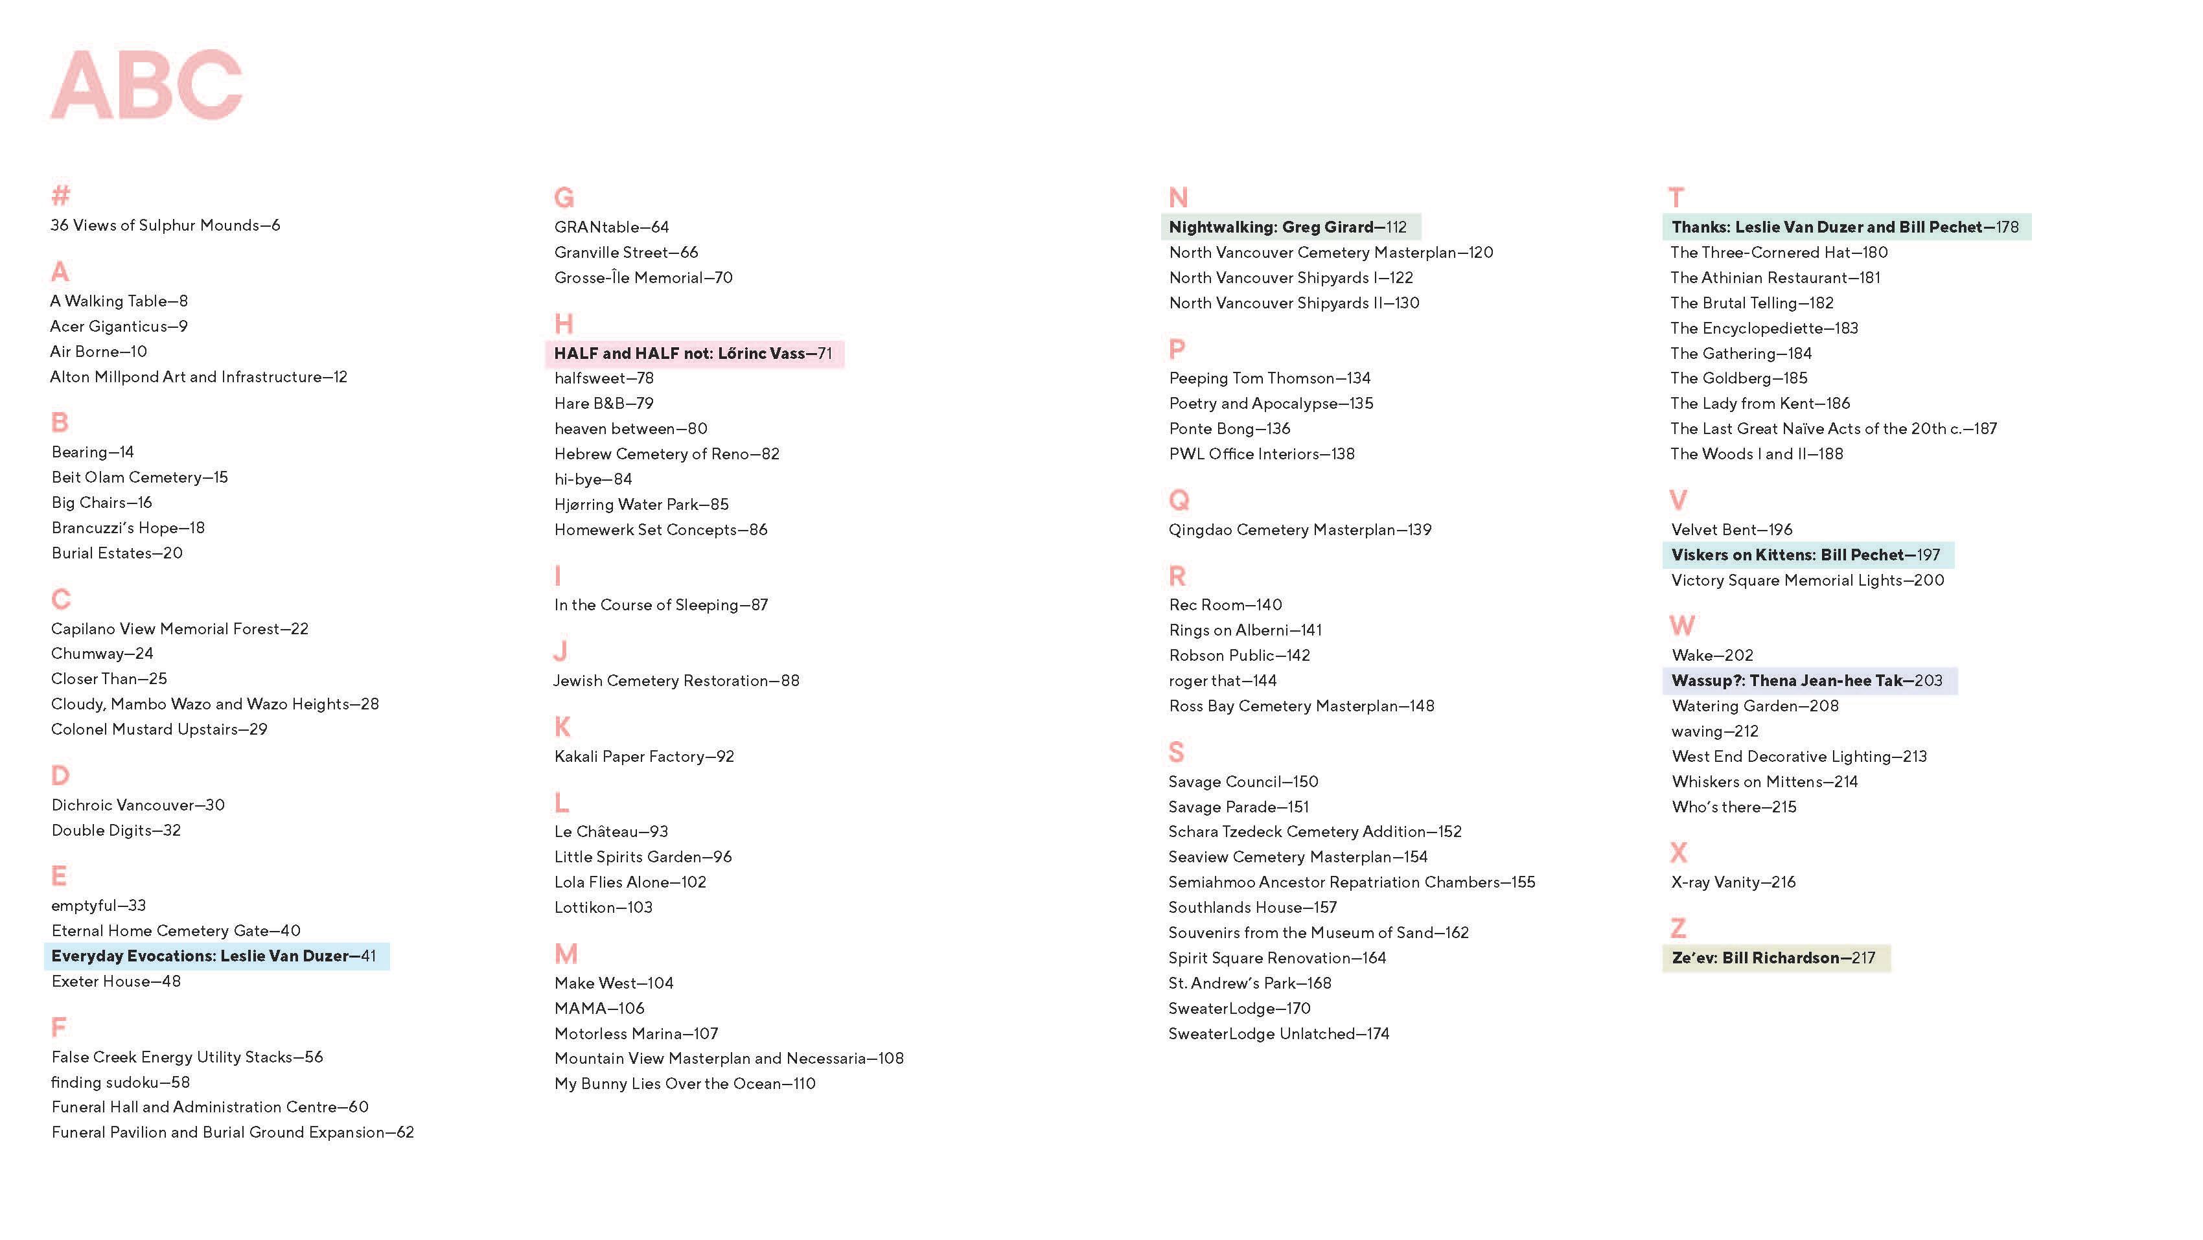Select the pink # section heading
[60, 196]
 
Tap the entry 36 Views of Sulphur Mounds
[165, 225]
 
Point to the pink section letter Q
[1179, 499]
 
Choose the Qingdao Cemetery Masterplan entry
[1299, 529]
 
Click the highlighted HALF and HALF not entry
[693, 353]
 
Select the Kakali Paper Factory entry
[644, 756]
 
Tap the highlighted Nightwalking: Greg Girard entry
[1287, 227]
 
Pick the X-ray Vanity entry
[1733, 882]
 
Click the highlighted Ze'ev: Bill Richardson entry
[1773, 958]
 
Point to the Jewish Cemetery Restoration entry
[676, 681]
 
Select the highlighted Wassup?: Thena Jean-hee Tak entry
[1806, 681]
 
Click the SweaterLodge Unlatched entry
[1278, 1033]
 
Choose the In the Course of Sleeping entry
[660, 604]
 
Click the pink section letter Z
[1678, 928]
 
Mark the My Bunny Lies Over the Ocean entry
[684, 1083]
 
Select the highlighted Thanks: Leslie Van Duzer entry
[1845, 227]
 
